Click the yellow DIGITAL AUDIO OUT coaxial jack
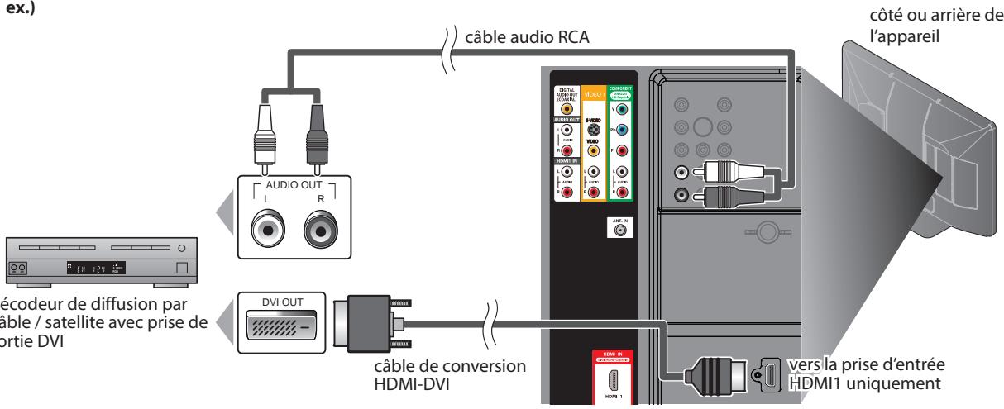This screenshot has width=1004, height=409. [566, 108]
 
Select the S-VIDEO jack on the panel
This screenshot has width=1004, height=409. [592, 130]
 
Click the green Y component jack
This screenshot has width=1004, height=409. [621, 109]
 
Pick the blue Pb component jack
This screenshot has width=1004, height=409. [621, 130]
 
